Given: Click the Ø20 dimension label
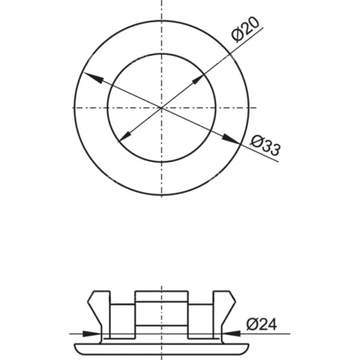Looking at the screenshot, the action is (245, 30).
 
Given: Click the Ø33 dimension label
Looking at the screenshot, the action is (265, 145).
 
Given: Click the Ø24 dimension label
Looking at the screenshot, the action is (262, 324).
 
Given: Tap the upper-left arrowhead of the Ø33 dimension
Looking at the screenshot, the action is (93, 77).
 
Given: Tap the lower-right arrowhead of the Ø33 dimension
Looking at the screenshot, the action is (231, 139).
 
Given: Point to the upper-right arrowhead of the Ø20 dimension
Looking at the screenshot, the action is (198, 79).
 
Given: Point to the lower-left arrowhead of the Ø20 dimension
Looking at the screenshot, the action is (125, 136).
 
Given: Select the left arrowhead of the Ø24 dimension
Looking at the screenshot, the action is (91, 334).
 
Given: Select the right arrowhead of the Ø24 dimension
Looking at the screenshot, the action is (231, 334).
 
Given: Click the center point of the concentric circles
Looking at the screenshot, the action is (161, 108).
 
